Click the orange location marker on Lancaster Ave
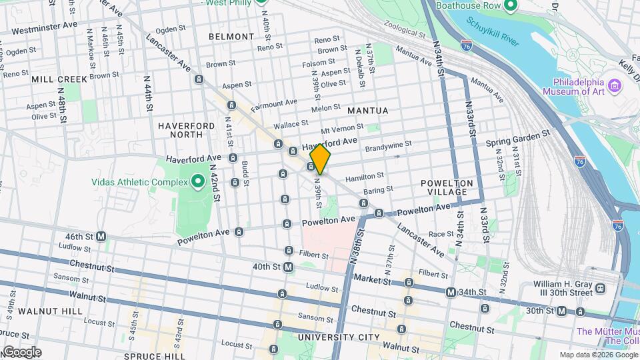[x=320, y=159]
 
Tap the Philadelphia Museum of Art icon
[x=615, y=85]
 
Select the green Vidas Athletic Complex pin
[x=197, y=181]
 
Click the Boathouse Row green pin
[x=510, y=7]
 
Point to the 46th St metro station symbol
[x=101, y=236]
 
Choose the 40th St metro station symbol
[x=288, y=267]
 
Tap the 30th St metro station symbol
[x=562, y=311]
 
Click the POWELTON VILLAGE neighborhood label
[x=447, y=187]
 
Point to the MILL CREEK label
[x=59, y=79]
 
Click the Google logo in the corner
[x=21, y=351]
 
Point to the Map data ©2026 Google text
[x=598, y=355]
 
